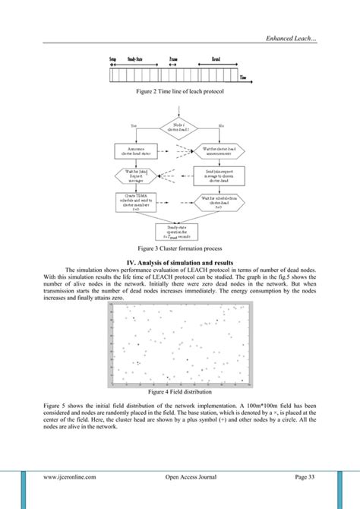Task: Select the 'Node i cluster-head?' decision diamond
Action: click(180, 126)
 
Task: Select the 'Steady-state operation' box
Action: click(180, 230)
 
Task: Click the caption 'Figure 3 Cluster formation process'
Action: click(179, 248)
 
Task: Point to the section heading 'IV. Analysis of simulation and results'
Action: click(179, 262)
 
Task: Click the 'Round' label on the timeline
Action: click(216, 58)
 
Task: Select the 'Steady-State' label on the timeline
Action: click(137, 58)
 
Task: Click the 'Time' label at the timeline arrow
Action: click(242, 77)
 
